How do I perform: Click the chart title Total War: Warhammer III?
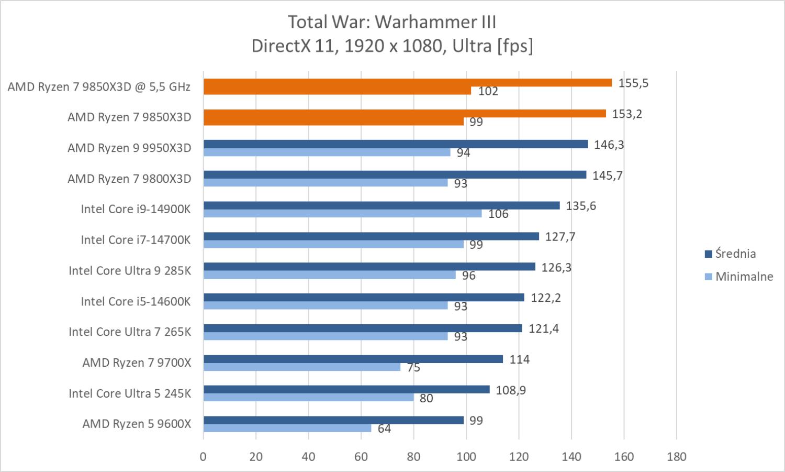(392, 22)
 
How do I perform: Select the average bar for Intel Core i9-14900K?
(381, 205)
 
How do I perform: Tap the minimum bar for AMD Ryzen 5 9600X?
(287, 429)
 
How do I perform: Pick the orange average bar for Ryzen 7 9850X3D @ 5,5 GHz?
(407, 83)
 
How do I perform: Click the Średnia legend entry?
(731, 254)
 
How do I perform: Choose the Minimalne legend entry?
(739, 277)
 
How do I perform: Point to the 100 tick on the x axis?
(466, 457)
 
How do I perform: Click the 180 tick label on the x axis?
(677, 457)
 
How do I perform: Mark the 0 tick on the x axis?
(203, 457)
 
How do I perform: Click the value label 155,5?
(633, 83)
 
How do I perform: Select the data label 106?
(498, 214)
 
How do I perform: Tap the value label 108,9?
(511, 390)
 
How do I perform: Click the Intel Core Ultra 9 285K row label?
(130, 271)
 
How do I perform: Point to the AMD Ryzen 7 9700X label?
(137, 363)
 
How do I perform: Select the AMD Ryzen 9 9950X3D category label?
(129, 148)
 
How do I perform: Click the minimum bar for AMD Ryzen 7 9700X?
(301, 367)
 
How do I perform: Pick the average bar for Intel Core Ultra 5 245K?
(346, 390)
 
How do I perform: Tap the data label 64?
(384, 429)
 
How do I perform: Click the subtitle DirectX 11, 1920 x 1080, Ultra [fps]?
(392, 46)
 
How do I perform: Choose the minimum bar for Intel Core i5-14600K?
(325, 305)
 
